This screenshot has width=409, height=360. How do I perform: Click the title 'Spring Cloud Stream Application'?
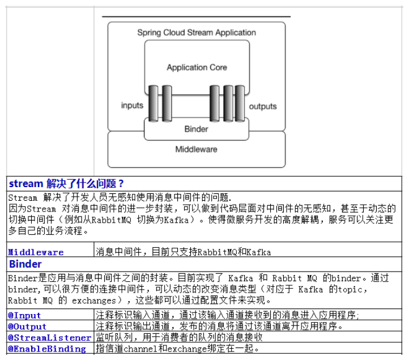point(197,33)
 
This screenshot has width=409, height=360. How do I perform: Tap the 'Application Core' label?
point(197,67)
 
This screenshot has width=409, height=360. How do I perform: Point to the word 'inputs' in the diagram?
point(132,105)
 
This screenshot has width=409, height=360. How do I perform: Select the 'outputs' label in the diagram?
point(263,107)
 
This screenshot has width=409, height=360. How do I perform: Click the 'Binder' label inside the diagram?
point(196,129)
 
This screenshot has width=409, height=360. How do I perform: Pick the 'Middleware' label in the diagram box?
point(196,149)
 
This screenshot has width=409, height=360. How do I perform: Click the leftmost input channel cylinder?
point(154,103)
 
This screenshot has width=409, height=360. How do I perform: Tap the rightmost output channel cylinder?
point(240,103)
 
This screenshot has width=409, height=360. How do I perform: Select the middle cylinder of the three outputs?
point(228,103)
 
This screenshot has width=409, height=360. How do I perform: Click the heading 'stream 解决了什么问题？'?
point(66,184)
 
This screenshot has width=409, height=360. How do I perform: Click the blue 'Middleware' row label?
point(36,252)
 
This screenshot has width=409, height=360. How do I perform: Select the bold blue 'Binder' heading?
point(25,264)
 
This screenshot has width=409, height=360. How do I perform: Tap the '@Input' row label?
point(24,315)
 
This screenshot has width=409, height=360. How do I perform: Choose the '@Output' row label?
point(27,327)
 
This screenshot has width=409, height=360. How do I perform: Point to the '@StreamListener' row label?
point(49,337)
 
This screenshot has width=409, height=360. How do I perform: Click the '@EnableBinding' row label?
point(47,349)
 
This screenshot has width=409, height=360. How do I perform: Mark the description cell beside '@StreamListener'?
point(248,337)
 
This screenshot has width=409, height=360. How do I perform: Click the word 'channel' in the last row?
point(140,349)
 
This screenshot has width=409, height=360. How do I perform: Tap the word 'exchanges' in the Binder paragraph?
point(94,300)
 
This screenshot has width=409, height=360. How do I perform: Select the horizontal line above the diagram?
point(196,16)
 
